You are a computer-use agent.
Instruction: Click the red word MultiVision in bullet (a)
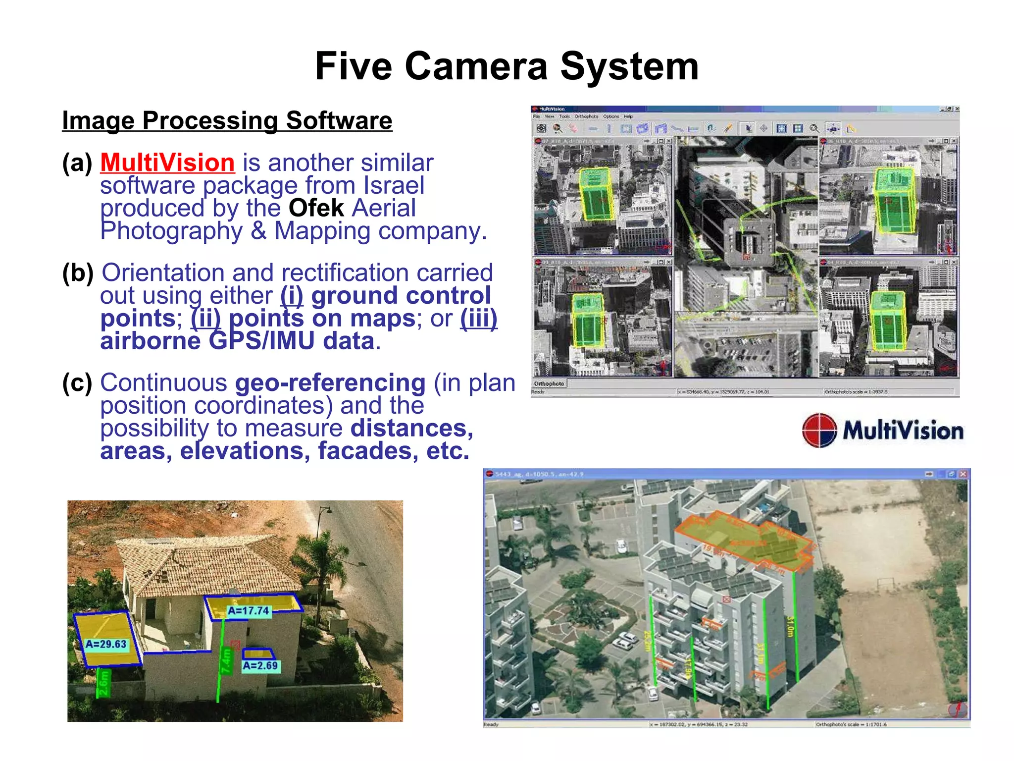(167, 163)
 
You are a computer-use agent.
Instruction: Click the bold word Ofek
(316, 208)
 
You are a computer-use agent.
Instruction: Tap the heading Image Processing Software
(227, 120)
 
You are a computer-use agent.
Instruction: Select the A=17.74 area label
(248, 611)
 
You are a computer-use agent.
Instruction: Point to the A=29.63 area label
(106, 644)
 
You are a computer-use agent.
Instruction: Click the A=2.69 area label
(260, 666)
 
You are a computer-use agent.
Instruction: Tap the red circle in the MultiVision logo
(819, 430)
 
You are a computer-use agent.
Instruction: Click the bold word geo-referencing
(330, 383)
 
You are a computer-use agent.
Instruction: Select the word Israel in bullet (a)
(394, 185)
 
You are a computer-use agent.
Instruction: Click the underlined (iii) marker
(478, 318)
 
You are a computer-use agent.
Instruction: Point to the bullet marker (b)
(78, 273)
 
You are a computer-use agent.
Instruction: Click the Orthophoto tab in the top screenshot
(549, 383)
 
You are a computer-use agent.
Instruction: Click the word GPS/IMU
(261, 341)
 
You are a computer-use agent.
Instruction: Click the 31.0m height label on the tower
(790, 627)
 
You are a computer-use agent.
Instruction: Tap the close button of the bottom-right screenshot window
(963, 474)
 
